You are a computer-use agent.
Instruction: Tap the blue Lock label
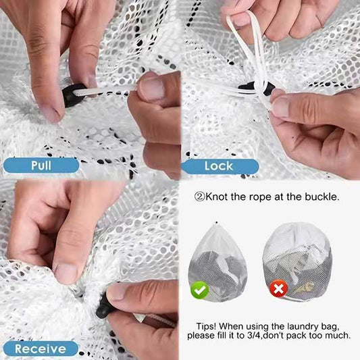(x=219, y=165)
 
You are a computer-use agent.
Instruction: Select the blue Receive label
(x=40, y=349)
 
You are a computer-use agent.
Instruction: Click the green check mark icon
(x=199, y=290)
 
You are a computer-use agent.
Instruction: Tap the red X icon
(x=279, y=290)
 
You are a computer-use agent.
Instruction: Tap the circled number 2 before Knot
(x=199, y=197)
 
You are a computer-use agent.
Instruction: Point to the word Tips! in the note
(x=209, y=324)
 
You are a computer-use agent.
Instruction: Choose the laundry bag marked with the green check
(x=217, y=259)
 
